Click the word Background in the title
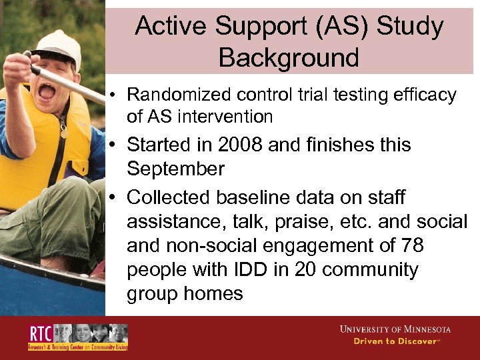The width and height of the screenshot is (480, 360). pyautogui.click(x=288, y=58)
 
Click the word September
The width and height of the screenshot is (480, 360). pyautogui.click(x=175, y=169)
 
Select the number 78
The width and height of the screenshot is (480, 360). pyautogui.click(x=410, y=245)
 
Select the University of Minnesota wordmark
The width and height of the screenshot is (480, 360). pyautogui.click(x=395, y=329)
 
